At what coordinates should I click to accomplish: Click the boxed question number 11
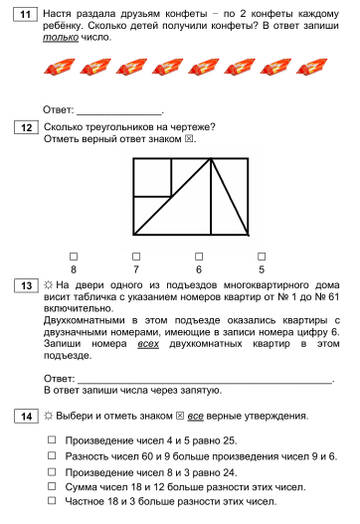(26, 14)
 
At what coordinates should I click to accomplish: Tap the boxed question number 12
(26, 128)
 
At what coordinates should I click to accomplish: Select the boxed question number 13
(26, 286)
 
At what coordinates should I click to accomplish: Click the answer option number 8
(73, 270)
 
